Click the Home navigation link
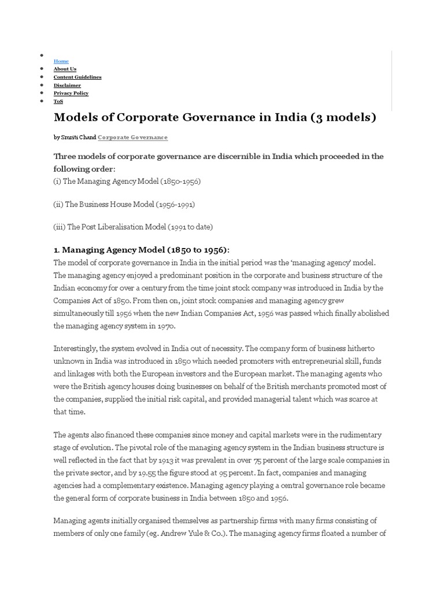(61, 61)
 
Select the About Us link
(65, 69)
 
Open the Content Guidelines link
(77, 77)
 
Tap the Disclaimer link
(67, 85)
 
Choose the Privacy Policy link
(71, 93)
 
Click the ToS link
(58, 101)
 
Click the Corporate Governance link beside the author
(132, 138)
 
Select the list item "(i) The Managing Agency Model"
(127, 181)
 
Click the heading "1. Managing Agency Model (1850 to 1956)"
(141, 250)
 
